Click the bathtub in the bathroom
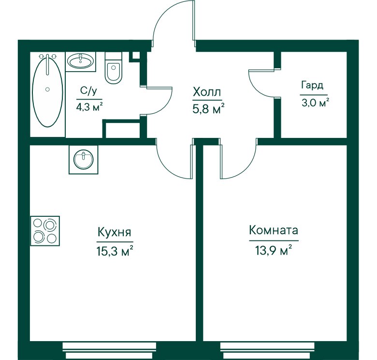point(47,90)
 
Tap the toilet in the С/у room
point(114,68)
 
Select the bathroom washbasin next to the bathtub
point(80,61)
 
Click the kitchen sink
point(84,159)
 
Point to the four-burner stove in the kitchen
point(45,231)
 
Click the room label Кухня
point(115,232)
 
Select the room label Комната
point(274,230)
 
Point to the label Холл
point(207,92)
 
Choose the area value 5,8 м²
point(208,109)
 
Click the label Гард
point(312,86)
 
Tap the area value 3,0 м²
point(315,103)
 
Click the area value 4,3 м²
point(89,107)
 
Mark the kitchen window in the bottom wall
point(109,351)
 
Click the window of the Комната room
point(267,351)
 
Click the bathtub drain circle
point(47,90)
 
